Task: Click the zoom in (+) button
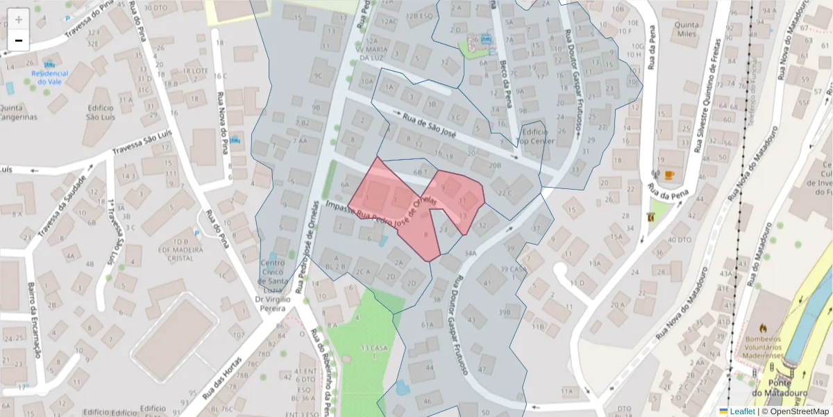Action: tap(19, 19)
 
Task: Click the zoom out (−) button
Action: tap(19, 40)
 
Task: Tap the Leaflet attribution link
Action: tap(742, 411)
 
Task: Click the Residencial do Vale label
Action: tap(50, 77)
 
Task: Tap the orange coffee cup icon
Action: tap(669, 175)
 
